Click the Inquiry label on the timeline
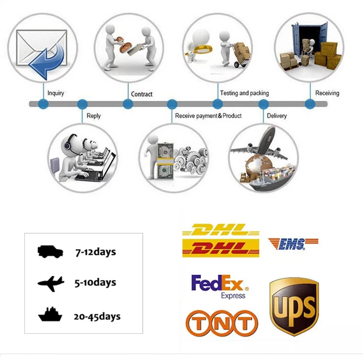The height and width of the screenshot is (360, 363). pyautogui.click(x=56, y=93)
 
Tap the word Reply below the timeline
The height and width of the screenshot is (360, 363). pyautogui.click(x=93, y=116)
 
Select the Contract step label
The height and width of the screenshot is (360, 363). pyautogui.click(x=142, y=94)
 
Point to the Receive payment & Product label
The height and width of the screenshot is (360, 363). pyautogui.click(x=208, y=116)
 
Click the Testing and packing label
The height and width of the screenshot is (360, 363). pyautogui.click(x=244, y=93)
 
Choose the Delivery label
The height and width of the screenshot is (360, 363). pyautogui.click(x=277, y=116)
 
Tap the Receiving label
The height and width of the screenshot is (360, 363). pyautogui.click(x=327, y=93)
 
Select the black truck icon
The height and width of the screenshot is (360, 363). pyautogui.click(x=50, y=251)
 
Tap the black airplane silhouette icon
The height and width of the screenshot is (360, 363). pyautogui.click(x=51, y=283)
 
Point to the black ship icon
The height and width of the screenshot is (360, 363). pyautogui.click(x=50, y=315)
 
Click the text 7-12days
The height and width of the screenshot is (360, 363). pyautogui.click(x=95, y=252)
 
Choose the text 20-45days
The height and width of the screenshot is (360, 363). pyautogui.click(x=97, y=316)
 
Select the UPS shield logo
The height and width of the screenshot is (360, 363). pyautogui.click(x=294, y=306)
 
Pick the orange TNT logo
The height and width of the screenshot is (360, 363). pyautogui.click(x=221, y=323)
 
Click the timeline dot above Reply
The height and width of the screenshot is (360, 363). pyautogui.click(x=82, y=104)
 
